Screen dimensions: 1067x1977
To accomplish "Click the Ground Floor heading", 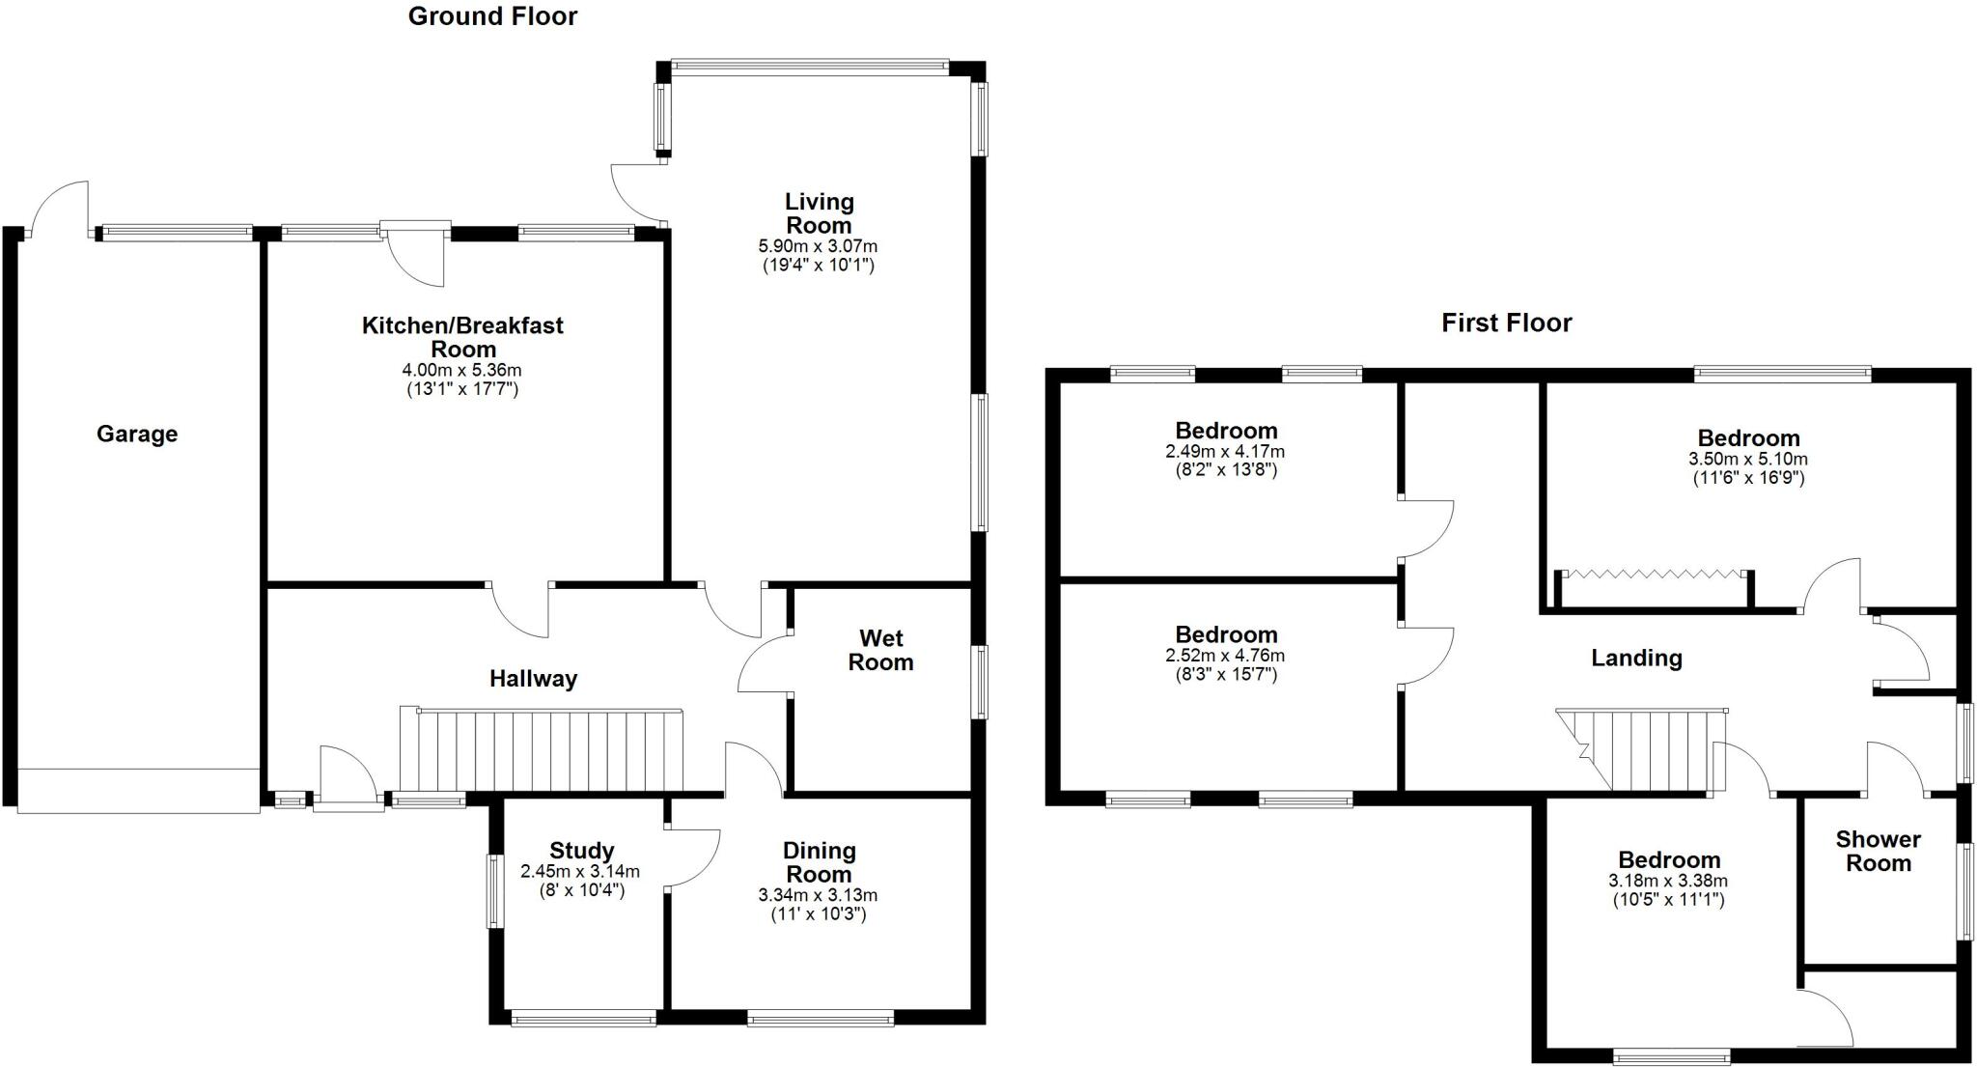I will point(492,16).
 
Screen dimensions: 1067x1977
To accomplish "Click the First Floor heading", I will point(1506,323).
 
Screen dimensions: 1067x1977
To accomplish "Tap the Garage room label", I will point(137,434).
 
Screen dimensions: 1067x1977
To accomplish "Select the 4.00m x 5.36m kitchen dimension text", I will point(461,371).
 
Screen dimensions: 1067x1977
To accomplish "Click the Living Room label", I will point(819,213).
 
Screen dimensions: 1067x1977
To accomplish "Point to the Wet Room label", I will point(880,650).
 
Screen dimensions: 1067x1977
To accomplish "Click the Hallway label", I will point(533,679).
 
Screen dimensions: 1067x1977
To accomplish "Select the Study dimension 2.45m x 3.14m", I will point(580,871).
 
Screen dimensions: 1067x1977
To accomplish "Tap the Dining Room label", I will point(819,862).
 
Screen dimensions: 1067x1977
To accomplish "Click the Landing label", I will point(1636,659).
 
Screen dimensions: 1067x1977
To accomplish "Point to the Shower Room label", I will point(1878,852).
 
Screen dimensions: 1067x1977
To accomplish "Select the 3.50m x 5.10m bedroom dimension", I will point(1748,460).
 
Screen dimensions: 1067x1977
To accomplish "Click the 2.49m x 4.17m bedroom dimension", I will point(1225,452).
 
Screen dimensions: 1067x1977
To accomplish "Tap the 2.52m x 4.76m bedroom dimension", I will point(1225,656).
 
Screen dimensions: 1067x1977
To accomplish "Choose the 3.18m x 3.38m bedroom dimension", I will point(1668,881).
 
